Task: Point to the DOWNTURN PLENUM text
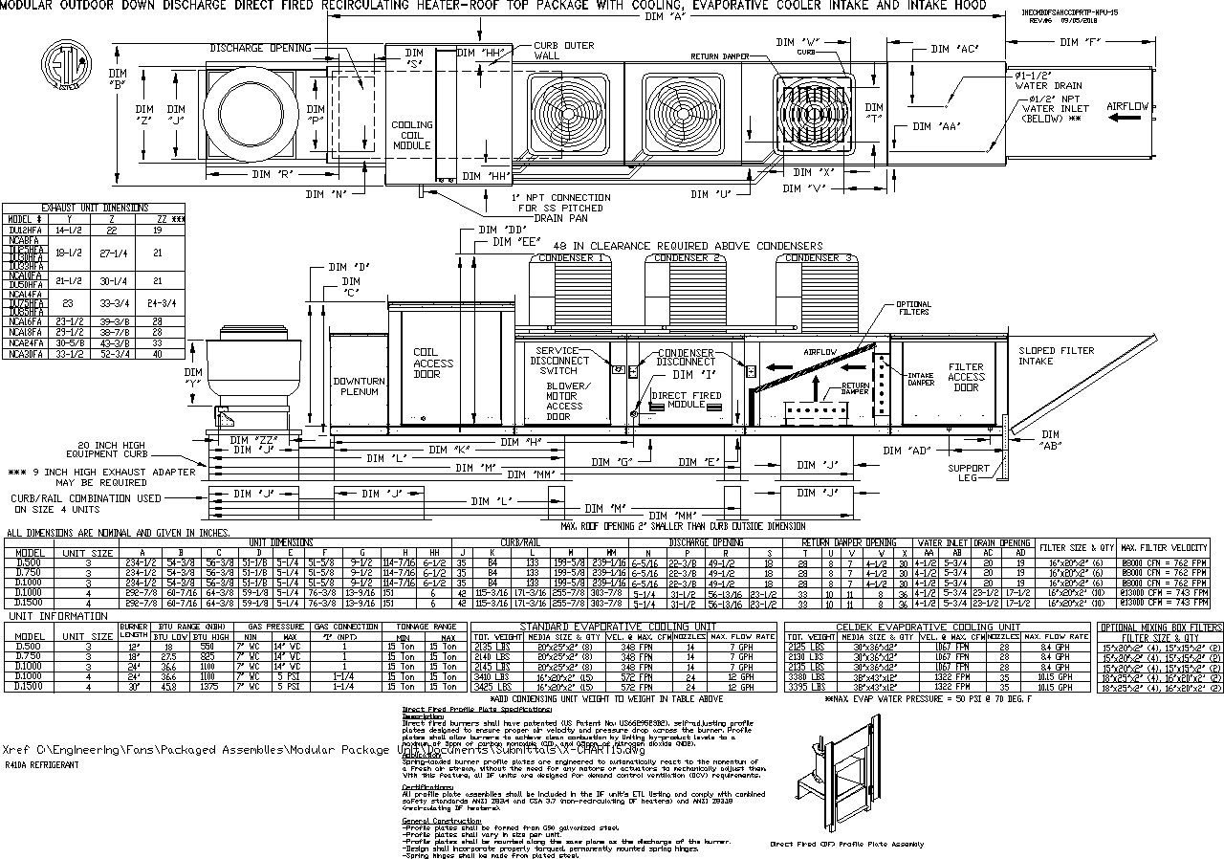click(x=358, y=385)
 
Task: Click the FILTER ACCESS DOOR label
click(x=966, y=378)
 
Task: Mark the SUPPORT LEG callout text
click(x=969, y=474)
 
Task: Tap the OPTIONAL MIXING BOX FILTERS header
click(x=1160, y=628)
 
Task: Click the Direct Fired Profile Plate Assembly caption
click(x=847, y=845)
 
